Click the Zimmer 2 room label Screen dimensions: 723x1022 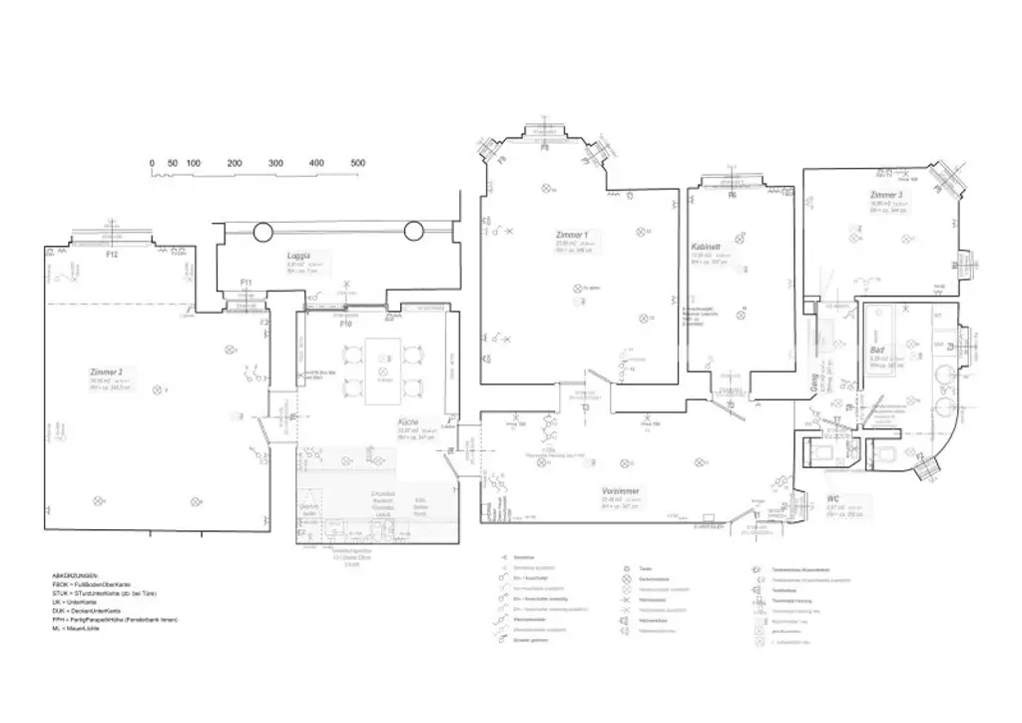(x=106, y=371)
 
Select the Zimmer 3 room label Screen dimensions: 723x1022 (x=885, y=195)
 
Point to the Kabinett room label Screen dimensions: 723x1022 (x=707, y=247)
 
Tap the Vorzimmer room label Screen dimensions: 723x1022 (x=620, y=491)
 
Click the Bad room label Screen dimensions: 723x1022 (x=877, y=352)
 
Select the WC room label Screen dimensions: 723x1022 (x=833, y=498)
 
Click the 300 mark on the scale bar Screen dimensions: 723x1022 (x=275, y=163)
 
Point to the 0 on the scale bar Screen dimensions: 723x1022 (x=152, y=163)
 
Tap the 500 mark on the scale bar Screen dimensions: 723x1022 (x=357, y=163)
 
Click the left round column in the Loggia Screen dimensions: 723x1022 (x=261, y=233)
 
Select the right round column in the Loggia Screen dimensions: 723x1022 (x=414, y=233)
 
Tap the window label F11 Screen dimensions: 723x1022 (x=247, y=283)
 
